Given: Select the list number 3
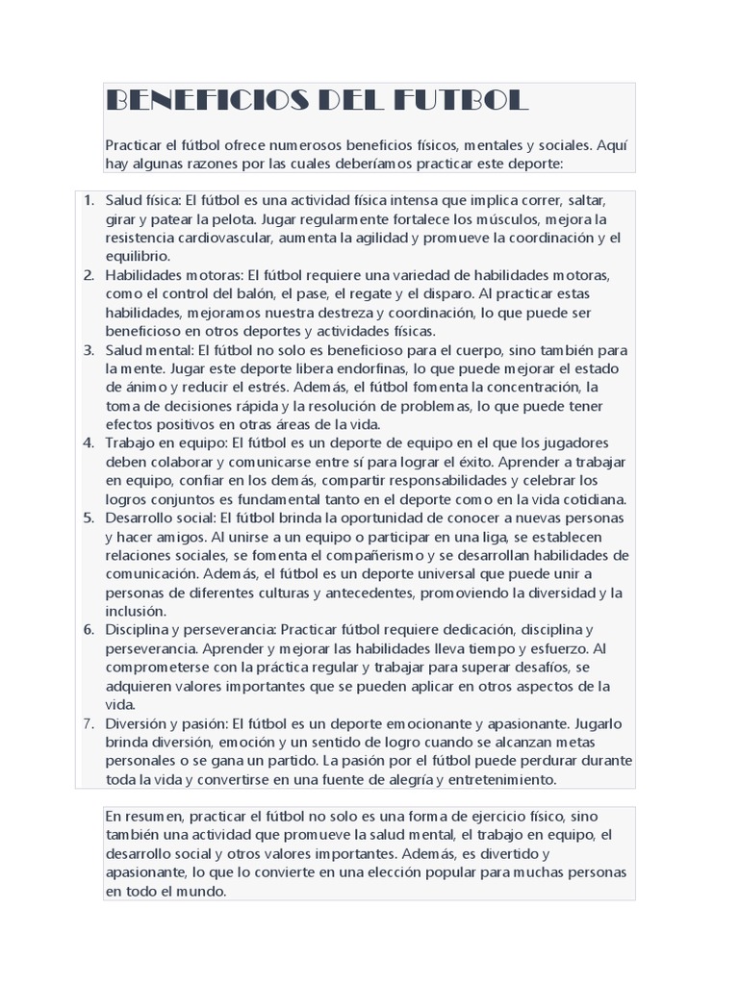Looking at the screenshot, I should (88, 349).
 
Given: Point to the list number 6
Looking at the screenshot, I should (88, 630).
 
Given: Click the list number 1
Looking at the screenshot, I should (88, 200).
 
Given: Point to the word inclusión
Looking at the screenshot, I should (136, 611).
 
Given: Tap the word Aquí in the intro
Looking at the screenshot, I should (613, 145).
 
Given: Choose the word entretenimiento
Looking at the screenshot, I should (489, 779).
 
